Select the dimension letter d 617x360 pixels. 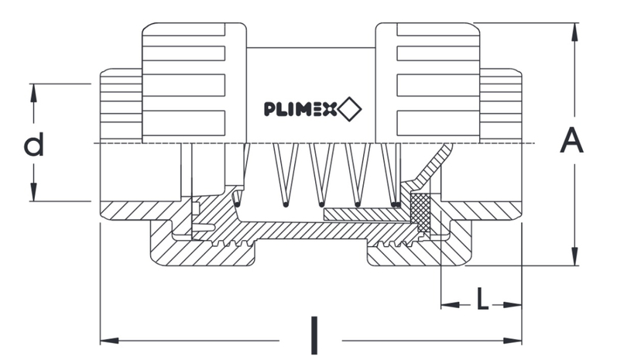[33, 145]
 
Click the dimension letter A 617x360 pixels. [571, 142]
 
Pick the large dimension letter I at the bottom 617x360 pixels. [313, 334]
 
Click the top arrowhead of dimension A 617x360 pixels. [574, 29]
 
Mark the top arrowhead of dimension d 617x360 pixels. [33, 90]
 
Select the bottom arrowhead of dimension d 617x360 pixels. [33, 196]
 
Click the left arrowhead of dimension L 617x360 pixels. [446, 304]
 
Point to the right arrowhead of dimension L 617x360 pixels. [515, 304]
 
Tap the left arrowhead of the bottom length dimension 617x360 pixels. [107, 340]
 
